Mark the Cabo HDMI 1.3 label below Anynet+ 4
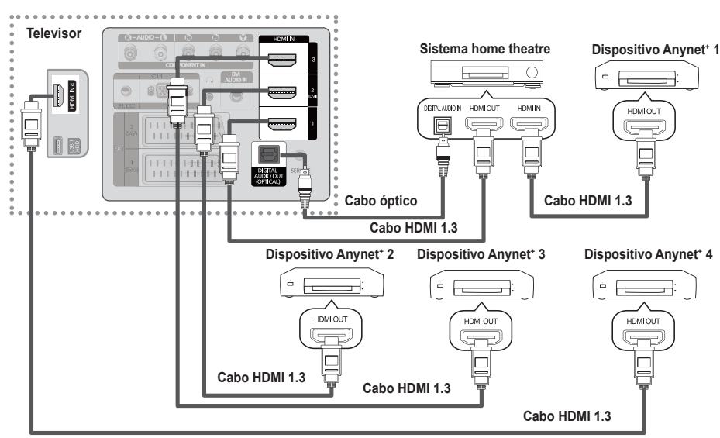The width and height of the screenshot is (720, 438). pos(567,415)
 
